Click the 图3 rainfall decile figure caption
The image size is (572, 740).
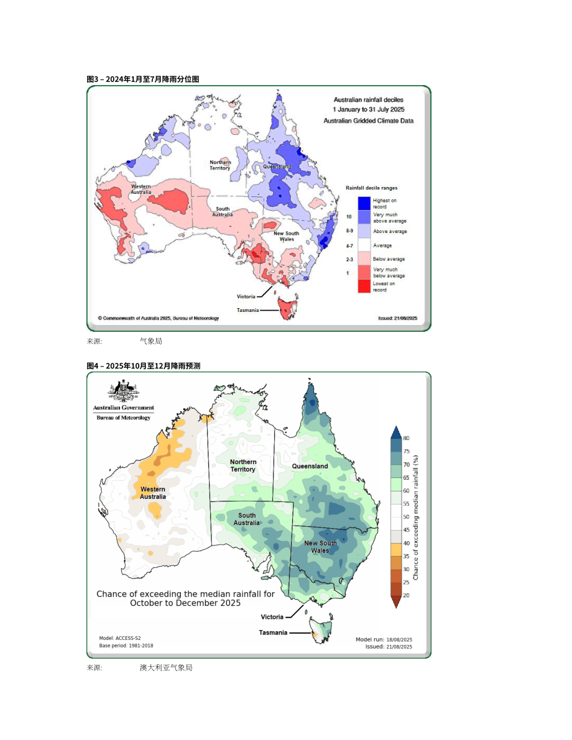pyautogui.click(x=142, y=79)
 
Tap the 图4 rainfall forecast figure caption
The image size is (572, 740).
pyautogui.click(x=144, y=366)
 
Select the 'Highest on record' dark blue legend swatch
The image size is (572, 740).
pyautogui.click(x=364, y=203)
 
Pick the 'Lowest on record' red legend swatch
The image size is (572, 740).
pyautogui.click(x=364, y=286)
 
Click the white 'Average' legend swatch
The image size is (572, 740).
pyautogui.click(x=364, y=245)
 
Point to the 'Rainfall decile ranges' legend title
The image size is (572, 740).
pyautogui.click(x=371, y=188)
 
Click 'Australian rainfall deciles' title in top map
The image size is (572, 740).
pyautogui.click(x=369, y=99)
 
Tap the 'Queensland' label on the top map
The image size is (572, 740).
pyautogui.click(x=277, y=167)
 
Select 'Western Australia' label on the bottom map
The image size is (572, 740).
pyautogui.click(x=152, y=493)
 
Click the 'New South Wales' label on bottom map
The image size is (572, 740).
pyautogui.click(x=320, y=547)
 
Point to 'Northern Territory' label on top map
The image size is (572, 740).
pyautogui.click(x=220, y=165)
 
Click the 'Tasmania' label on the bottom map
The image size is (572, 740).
pyautogui.click(x=273, y=633)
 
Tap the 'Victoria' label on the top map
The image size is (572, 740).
pyautogui.click(x=246, y=296)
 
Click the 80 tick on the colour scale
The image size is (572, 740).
pyautogui.click(x=406, y=438)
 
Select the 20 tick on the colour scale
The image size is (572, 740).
pyautogui.click(x=406, y=595)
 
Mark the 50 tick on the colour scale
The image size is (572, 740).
pyautogui.click(x=406, y=517)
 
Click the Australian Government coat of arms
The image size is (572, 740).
pyautogui.click(x=123, y=391)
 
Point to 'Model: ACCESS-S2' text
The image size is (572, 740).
pyautogui.click(x=120, y=638)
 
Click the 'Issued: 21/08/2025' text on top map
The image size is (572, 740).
pyautogui.click(x=397, y=318)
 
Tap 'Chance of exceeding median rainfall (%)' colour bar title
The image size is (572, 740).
pyautogui.click(x=416, y=518)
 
